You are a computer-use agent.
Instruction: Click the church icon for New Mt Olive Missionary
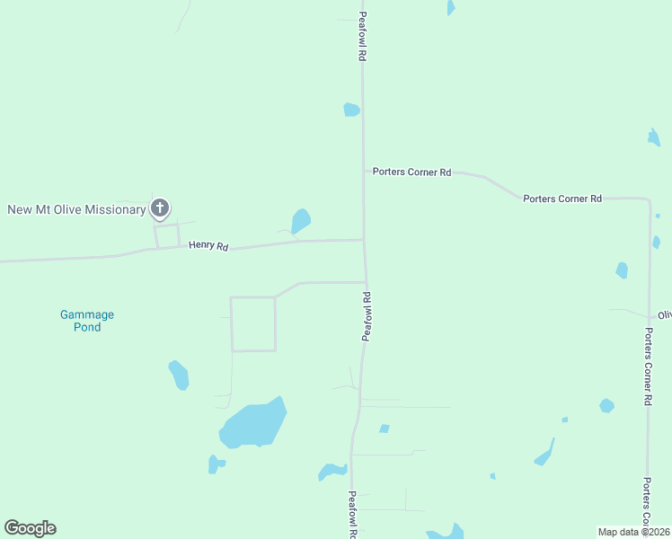160,209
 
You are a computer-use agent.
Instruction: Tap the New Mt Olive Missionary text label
76,209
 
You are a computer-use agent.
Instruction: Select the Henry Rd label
208,245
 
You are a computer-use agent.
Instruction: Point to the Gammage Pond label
87,321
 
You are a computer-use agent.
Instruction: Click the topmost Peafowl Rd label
362,37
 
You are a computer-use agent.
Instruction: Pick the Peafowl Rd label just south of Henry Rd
367,315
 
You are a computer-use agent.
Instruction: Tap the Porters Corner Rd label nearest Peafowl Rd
412,172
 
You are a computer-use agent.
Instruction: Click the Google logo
30,528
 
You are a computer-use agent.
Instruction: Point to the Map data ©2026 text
634,532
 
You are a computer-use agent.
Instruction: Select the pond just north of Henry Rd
301,220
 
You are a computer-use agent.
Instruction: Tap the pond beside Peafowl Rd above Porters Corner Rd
351,110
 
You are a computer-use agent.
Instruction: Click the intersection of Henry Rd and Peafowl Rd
364,240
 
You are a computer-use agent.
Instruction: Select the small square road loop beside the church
167,236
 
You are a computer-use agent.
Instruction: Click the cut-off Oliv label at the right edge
664,315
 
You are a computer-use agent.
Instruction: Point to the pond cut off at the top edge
451,7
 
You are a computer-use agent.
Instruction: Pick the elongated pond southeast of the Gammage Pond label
179,375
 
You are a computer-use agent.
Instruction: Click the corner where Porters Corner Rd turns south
649,199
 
